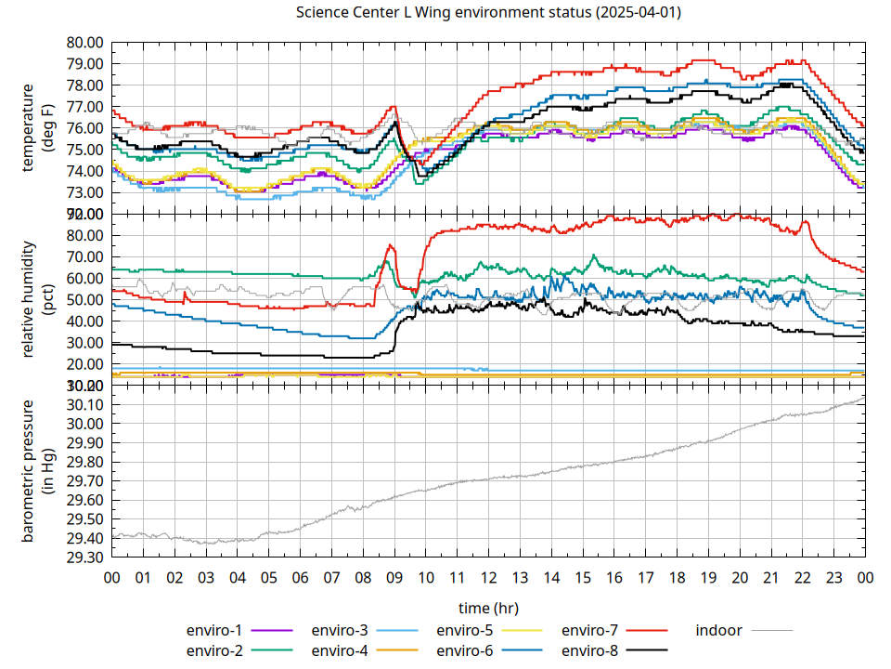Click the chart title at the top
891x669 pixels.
[487, 12]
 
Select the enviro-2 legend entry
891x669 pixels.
[215, 649]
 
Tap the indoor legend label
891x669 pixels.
[718, 630]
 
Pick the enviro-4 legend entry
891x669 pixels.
[340, 649]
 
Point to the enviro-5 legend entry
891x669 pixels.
[464, 630]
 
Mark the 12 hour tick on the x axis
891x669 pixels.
[488, 577]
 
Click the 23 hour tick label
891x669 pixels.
[833, 577]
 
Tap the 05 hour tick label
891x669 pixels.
[269, 577]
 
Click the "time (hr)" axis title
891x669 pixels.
[488, 608]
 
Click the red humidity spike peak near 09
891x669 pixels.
[391, 245]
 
